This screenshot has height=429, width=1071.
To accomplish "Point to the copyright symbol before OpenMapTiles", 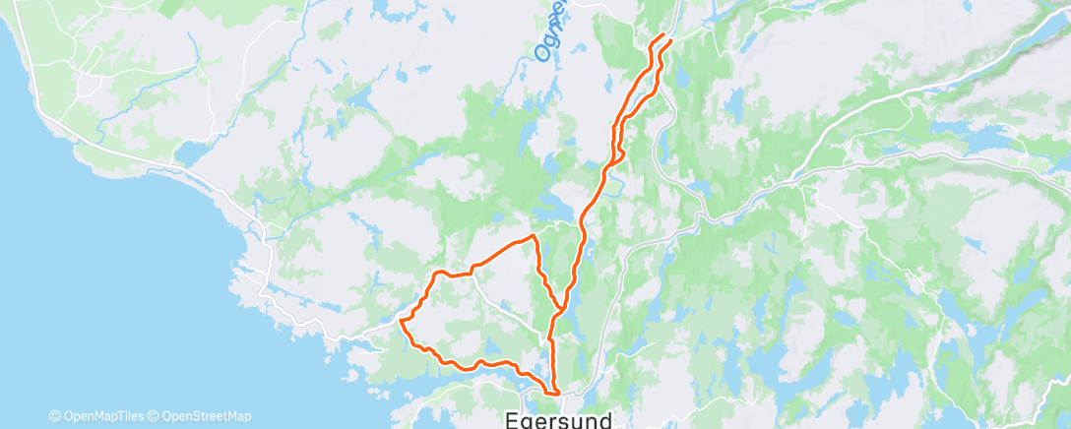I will tap(54, 416).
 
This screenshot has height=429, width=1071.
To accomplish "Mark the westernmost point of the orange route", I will tap(400, 319).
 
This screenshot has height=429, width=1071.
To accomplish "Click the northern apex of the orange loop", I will tap(533, 236).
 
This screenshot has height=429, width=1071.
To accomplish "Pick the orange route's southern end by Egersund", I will tap(557, 392).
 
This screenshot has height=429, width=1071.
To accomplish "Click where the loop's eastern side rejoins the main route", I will tap(561, 308).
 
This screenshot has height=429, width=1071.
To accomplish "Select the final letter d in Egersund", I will tap(602, 418).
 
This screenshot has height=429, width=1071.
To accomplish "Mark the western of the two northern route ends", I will tap(652, 40).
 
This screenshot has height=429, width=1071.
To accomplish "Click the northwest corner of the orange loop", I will tap(437, 271).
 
